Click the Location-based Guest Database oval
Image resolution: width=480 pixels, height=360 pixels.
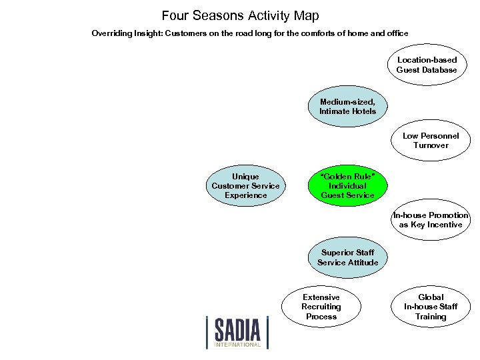click(427, 65)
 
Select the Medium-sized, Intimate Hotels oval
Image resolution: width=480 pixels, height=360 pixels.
click(347, 107)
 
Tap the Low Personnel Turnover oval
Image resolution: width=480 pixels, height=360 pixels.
click(431, 141)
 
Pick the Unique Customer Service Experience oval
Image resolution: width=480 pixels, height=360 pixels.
click(245, 186)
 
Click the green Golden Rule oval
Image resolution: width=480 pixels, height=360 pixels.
click(347, 186)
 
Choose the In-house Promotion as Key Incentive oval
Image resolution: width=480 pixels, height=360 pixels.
click(431, 220)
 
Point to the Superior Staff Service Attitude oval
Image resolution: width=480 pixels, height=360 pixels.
click(347, 258)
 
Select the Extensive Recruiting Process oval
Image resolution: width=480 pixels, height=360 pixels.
click(321, 307)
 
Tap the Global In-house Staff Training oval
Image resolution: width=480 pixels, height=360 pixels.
click(431, 307)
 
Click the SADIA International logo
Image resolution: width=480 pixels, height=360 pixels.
click(237, 331)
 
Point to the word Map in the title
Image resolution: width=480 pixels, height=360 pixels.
click(306, 15)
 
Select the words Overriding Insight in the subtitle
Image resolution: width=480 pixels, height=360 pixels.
click(123, 33)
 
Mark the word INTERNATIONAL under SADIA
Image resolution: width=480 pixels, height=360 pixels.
click(238, 345)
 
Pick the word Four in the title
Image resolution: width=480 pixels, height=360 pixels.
click(175, 15)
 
